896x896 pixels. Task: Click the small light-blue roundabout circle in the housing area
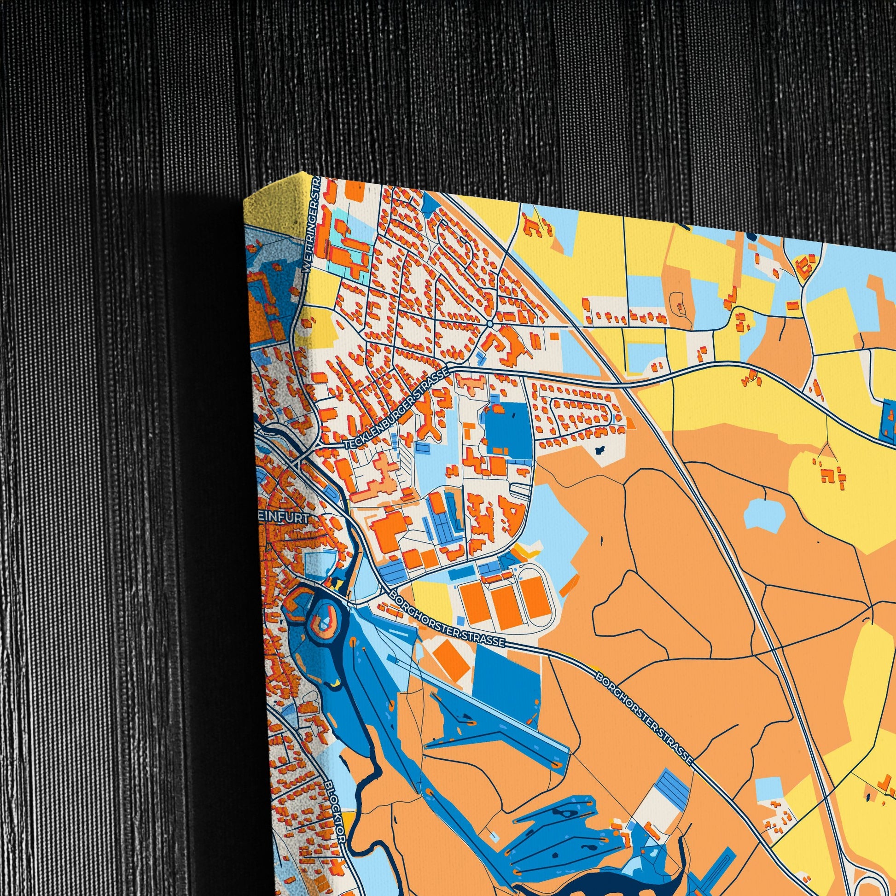[x=490, y=323]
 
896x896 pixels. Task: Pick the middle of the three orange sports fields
[x=505, y=606]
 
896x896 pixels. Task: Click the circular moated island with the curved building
[x=326, y=620]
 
